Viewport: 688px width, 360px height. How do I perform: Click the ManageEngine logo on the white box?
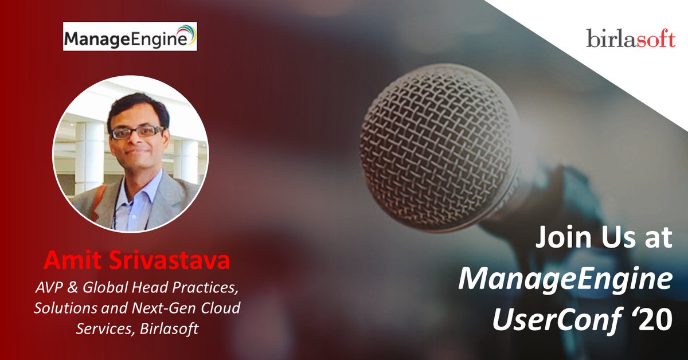pyautogui.click(x=130, y=37)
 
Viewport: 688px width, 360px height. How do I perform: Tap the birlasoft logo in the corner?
pyautogui.click(x=631, y=38)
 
